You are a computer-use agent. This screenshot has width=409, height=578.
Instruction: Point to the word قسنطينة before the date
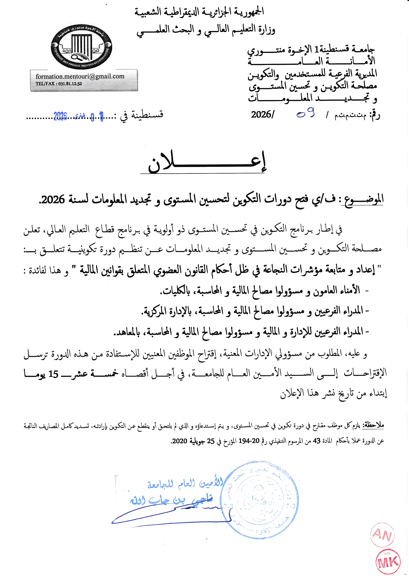click(147, 115)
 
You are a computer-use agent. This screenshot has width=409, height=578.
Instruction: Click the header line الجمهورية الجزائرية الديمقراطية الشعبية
click(199, 12)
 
